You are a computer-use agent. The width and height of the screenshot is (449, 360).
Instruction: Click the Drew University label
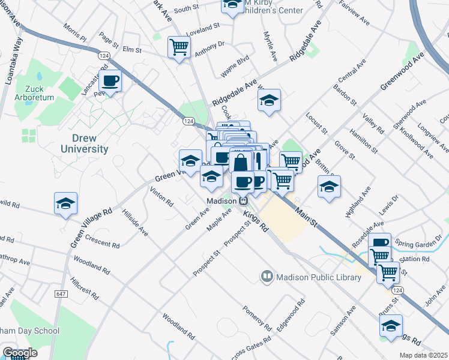pyautogui.click(x=85, y=143)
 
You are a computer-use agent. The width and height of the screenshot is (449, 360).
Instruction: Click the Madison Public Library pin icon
pyautogui.click(x=267, y=277)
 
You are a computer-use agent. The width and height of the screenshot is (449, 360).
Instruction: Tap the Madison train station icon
pyautogui.click(x=244, y=201)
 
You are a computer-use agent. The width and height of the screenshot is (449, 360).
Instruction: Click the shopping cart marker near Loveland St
pyautogui.click(x=179, y=46)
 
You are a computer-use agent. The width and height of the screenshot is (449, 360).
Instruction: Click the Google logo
pyautogui.click(x=20, y=353)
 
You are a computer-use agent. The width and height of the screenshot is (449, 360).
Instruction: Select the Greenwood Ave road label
pyautogui.click(x=402, y=72)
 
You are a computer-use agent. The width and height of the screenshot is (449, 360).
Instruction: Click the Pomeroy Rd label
pyautogui.click(x=257, y=319)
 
